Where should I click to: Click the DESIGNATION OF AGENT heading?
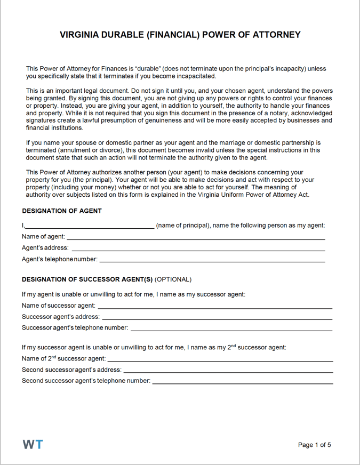pyautogui.click(x=61, y=211)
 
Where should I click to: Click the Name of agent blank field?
pyautogui.click(x=195, y=237)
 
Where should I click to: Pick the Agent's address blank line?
pyautogui.click(x=198, y=248)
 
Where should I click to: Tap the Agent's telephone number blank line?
pyautogui.click(x=212, y=260)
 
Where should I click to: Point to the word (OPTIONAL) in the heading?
pyautogui.click(x=173, y=279)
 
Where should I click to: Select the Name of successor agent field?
pyautogui.click(x=215, y=306)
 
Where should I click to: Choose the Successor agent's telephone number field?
pyautogui.click(x=231, y=328)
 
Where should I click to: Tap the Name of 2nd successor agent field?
pyautogui.click(x=220, y=359)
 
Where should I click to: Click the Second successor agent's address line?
pyautogui.click(x=228, y=370)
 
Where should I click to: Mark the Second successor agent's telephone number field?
pyautogui.click(x=243, y=381)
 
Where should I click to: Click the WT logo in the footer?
pyautogui.click(x=33, y=445)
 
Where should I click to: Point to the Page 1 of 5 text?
pyautogui.click(x=315, y=445)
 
